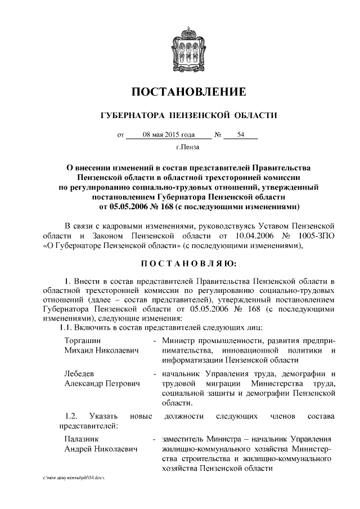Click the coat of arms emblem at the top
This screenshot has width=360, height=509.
pyautogui.click(x=189, y=48)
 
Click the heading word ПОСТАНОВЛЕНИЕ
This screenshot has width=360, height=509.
pyautogui.click(x=189, y=92)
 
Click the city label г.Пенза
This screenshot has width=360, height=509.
pyautogui.click(x=188, y=148)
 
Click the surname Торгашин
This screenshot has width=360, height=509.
pyautogui.click(x=84, y=341)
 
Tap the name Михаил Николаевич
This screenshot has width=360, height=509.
pyautogui.click(x=101, y=350)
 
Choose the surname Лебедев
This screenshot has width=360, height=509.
pyautogui.click(x=82, y=374)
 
